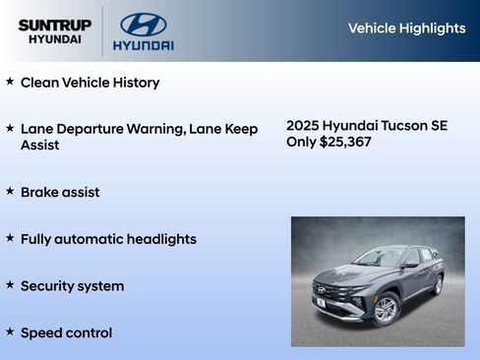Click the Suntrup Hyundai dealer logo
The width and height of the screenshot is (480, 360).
coord(54,31)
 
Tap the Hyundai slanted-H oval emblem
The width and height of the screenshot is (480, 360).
coord(143,25)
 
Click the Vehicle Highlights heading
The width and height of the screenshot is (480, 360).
coord(406,29)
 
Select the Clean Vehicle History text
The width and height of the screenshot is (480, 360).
coord(90,83)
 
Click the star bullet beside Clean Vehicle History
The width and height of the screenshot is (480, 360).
coord(10,82)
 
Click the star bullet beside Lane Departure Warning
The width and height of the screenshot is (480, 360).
coord(10,128)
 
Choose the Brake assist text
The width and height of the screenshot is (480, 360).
coord(60,192)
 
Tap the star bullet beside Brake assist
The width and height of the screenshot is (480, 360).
coord(10,191)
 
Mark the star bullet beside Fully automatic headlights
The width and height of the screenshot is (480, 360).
coord(10,238)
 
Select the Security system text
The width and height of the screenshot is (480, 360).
coord(72,286)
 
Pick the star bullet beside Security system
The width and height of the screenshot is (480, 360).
coord(10,285)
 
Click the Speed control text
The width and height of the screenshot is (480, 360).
coord(66,333)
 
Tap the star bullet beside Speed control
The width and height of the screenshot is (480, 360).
coord(10,332)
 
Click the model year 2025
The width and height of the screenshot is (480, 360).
coord(303,126)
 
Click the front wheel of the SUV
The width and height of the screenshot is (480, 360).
coord(386,309)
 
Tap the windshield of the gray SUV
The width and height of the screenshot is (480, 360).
coord(378,258)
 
